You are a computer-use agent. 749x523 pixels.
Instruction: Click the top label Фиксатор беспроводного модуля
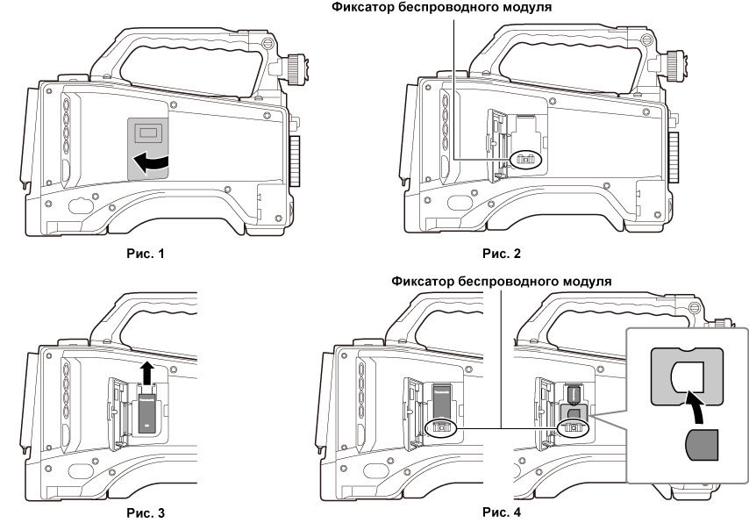pos(452,10)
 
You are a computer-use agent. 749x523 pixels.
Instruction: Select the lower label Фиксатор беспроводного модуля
pos(501,282)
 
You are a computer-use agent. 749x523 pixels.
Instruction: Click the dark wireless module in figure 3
pos(146,412)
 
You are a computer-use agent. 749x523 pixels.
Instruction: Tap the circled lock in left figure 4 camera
pos(441,427)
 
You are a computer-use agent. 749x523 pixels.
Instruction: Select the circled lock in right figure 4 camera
pos(574,427)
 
